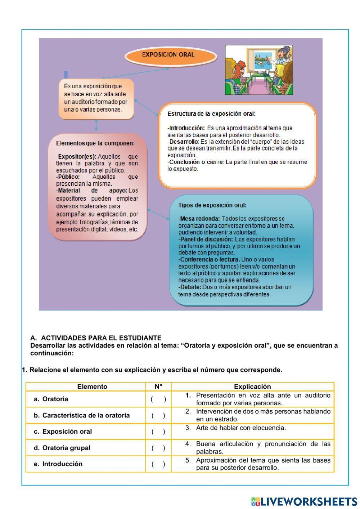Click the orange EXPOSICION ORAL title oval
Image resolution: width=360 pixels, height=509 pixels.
click(x=171, y=55)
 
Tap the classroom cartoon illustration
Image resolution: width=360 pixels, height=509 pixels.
click(x=259, y=70)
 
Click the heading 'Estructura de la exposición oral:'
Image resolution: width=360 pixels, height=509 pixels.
click(x=211, y=114)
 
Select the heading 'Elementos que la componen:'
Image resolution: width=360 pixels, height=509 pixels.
click(x=95, y=143)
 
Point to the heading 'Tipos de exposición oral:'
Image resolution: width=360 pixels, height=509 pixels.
click(x=212, y=205)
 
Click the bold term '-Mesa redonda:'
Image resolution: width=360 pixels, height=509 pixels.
click(x=199, y=219)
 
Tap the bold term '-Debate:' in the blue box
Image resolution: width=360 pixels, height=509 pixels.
click(x=190, y=287)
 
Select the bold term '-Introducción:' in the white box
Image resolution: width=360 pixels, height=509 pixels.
click(x=186, y=128)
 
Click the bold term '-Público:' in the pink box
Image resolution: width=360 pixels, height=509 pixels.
click(x=68, y=177)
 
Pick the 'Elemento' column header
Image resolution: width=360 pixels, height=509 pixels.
click(x=92, y=387)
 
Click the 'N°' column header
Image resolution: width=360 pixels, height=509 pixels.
click(x=158, y=387)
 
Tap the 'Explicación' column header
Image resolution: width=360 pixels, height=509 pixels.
click(x=252, y=387)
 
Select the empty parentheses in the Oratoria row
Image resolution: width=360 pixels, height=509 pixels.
click(x=158, y=399)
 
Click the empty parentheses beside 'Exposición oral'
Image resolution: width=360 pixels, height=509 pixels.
click(x=158, y=432)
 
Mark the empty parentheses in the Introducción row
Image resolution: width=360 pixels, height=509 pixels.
click(x=158, y=464)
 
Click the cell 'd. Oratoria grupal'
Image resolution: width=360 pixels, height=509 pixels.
click(x=62, y=448)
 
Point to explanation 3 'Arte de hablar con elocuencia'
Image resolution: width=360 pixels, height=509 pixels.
click(x=240, y=428)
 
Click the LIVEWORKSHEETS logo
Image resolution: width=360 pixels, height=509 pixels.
click(x=304, y=501)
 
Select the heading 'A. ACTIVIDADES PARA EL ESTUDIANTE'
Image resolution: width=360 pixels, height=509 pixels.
click(x=96, y=338)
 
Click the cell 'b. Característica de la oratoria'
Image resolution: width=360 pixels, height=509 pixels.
click(x=82, y=415)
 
